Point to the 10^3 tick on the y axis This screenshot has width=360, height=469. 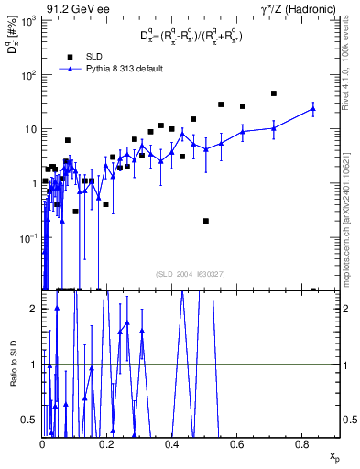(x=29, y=20)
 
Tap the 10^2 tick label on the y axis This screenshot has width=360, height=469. (x=29, y=74)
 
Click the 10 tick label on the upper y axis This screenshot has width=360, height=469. (x=31, y=128)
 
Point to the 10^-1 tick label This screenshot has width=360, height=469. (x=28, y=237)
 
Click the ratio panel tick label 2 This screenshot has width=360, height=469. (x=35, y=309)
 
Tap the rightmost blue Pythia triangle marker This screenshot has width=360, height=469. (x=313, y=109)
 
